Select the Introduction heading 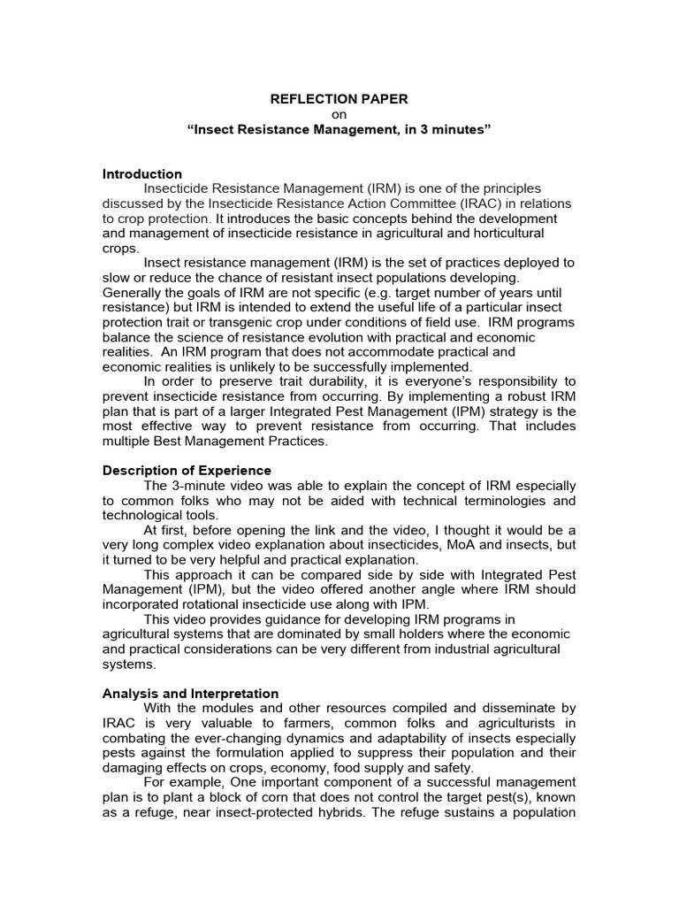(142, 173)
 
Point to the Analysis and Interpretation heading (191, 694)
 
